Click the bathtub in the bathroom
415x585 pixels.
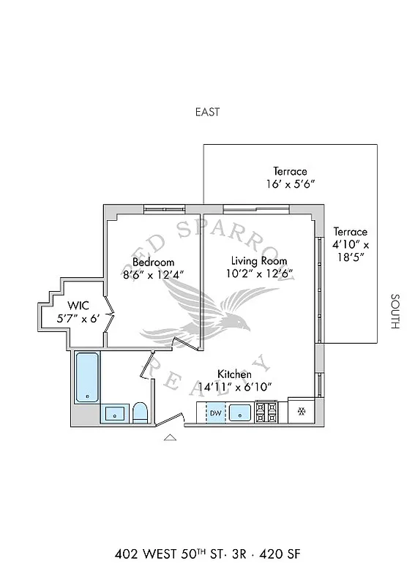pyautogui.click(x=87, y=377)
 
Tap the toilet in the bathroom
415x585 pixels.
pyautogui.click(x=141, y=412)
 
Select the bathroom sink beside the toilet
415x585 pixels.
pyautogui.click(x=115, y=414)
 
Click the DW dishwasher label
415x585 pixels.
pyautogui.click(x=215, y=413)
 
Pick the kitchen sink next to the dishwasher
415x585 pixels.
pyautogui.click(x=240, y=413)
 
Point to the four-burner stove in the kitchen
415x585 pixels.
pyautogui.click(x=266, y=412)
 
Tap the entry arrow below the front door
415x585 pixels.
pyautogui.click(x=170, y=438)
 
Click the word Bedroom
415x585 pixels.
pyautogui.click(x=153, y=262)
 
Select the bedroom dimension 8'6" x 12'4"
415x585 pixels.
pyautogui.click(x=153, y=275)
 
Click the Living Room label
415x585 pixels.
pyautogui.click(x=259, y=261)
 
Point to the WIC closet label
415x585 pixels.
pyautogui.click(x=78, y=305)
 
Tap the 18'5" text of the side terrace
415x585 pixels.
pyautogui.click(x=350, y=257)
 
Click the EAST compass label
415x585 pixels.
pyautogui.click(x=207, y=112)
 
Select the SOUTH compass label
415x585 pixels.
pyautogui.click(x=395, y=312)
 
